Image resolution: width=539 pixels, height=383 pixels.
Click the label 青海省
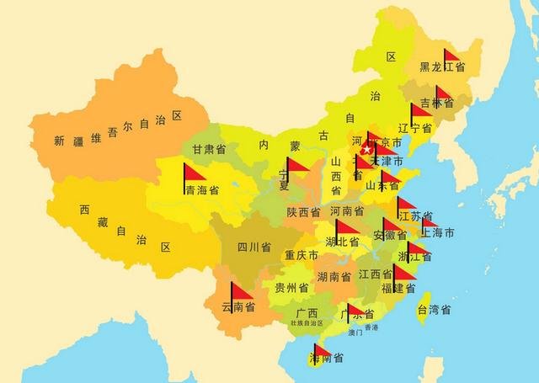click(202, 190)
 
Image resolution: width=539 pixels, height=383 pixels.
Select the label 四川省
click(253, 247)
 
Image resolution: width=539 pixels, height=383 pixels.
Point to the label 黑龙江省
click(442, 66)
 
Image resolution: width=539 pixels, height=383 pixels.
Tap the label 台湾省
click(435, 310)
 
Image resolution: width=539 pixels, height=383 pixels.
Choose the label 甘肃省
click(208, 150)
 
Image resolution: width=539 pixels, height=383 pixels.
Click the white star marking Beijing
click(367, 149)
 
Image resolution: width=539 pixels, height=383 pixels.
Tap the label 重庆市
click(301, 255)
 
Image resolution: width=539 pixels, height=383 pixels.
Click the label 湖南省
click(334, 276)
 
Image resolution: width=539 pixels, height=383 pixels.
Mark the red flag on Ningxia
click(298, 165)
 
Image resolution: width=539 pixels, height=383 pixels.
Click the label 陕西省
click(303, 212)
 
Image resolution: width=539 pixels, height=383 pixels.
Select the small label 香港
click(371, 327)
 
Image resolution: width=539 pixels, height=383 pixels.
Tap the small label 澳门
click(355, 333)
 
